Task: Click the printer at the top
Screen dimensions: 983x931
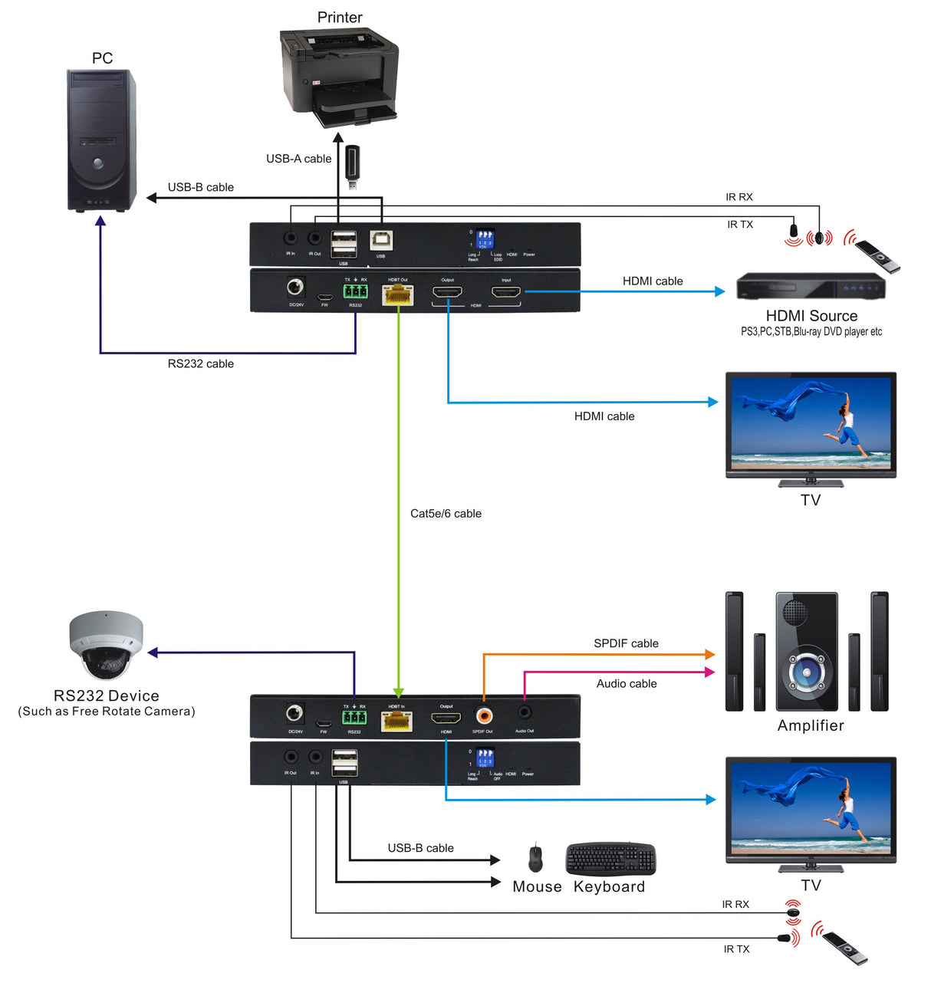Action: [x=340, y=77]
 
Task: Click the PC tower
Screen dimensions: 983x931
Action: [x=101, y=140]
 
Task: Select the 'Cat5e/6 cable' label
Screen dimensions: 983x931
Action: [x=446, y=514]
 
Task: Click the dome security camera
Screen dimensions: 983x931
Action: [x=106, y=646]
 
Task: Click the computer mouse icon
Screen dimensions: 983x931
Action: [x=535, y=858]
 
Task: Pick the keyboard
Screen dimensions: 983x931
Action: [x=610, y=859]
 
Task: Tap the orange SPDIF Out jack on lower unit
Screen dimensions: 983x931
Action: [x=484, y=715]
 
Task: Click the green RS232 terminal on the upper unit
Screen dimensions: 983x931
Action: [x=355, y=291]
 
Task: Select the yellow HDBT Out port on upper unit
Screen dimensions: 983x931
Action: [x=397, y=294]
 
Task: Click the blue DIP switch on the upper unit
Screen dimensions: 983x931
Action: [x=484, y=238]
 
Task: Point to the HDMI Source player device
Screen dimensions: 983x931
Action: [x=811, y=287]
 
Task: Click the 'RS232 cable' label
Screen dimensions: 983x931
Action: [x=200, y=363]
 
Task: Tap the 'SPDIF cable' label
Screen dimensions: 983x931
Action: [x=626, y=643]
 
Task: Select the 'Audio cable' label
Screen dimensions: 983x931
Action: [x=627, y=684]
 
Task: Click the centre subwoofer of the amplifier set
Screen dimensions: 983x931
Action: [x=807, y=651]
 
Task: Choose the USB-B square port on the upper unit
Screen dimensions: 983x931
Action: [x=380, y=241]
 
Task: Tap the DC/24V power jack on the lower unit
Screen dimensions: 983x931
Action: [x=294, y=714]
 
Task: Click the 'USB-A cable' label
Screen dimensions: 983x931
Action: [x=298, y=159]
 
